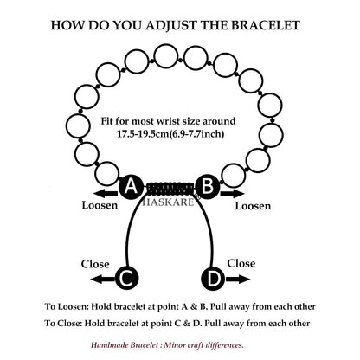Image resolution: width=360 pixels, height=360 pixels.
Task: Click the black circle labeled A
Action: [x=131, y=187]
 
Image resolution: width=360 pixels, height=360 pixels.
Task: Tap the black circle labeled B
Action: [x=208, y=187]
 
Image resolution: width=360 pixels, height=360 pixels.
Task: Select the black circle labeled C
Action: [x=127, y=279]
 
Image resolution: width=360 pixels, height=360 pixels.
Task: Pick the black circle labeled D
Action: [x=213, y=279]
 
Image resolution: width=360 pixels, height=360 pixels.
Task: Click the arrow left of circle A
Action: [x=106, y=194]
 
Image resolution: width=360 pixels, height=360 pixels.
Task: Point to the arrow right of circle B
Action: [x=232, y=194]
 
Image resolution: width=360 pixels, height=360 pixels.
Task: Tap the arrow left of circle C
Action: [x=103, y=279]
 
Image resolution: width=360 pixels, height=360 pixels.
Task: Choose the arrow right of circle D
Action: [x=238, y=279]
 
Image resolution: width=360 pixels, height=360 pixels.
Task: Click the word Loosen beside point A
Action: [x=100, y=205]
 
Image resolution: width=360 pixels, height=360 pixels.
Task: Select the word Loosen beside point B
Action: [x=253, y=206]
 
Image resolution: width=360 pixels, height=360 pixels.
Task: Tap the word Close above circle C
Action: [x=95, y=264]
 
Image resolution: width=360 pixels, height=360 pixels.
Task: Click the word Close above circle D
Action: [x=241, y=263]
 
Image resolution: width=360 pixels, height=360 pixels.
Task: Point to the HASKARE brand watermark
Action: [x=168, y=202]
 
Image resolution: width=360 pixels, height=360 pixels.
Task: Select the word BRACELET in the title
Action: [x=266, y=25]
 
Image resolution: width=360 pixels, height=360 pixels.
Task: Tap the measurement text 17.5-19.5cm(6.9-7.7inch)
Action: [x=170, y=134]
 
